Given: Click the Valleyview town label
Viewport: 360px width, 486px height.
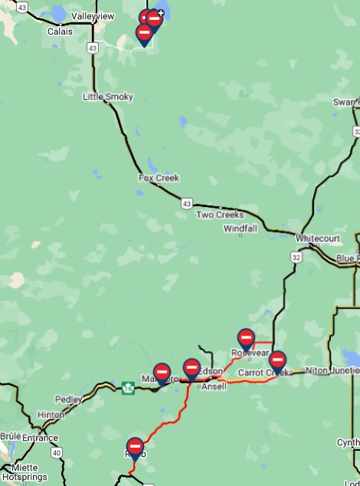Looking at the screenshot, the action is click(x=93, y=16).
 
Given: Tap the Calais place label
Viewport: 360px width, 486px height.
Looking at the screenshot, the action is click(x=60, y=31).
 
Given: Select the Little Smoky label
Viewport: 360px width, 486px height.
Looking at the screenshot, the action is click(x=108, y=97).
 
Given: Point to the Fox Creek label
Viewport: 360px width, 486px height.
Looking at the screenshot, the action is click(x=159, y=178).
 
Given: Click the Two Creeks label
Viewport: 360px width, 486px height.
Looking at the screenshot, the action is click(x=220, y=215).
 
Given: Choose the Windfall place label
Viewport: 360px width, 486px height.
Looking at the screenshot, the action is click(x=241, y=228).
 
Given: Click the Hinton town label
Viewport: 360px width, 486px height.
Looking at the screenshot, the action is click(x=51, y=415).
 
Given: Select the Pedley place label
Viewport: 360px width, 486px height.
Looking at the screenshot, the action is click(x=68, y=399).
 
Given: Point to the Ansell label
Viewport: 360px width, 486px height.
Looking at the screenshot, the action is click(x=214, y=386).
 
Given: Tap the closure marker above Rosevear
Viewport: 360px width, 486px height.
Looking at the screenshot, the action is click(x=246, y=337).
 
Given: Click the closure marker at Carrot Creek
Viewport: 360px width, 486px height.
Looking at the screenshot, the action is click(x=277, y=360).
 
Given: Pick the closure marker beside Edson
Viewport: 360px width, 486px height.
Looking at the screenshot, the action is click(x=191, y=368).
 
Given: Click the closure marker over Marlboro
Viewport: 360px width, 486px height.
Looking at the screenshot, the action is click(x=162, y=372).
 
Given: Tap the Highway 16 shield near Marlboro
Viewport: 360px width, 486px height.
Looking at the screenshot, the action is click(x=128, y=388).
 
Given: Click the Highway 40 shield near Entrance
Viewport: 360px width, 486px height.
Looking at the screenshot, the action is click(x=56, y=453).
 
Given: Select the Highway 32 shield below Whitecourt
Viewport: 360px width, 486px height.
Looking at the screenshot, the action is click(x=296, y=257).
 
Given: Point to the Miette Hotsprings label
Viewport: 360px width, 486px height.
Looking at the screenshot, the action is click(x=25, y=472).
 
